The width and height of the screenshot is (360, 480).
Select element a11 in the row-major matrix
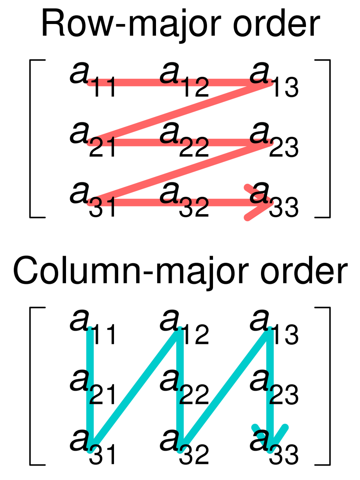click(92, 79)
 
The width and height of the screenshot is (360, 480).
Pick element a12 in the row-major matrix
click(184, 79)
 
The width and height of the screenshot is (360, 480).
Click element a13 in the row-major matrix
click(274, 79)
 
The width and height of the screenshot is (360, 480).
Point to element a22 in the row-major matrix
click(184, 139)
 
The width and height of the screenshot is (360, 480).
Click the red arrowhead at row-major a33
click(259, 202)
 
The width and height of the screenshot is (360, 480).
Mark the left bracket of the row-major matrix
click(37, 139)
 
